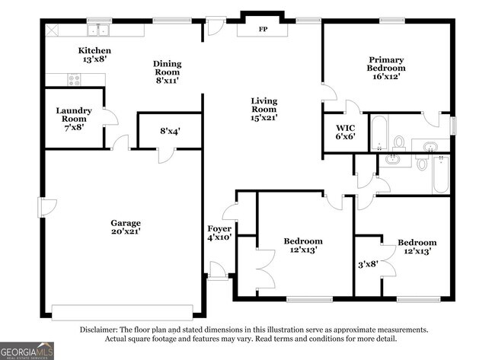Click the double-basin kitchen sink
click(97, 30)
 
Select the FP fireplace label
click(263, 30)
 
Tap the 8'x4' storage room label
click(169, 131)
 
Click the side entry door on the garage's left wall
click(48, 206)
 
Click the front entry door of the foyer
click(218, 271)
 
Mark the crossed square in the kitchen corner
click(53, 30)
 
